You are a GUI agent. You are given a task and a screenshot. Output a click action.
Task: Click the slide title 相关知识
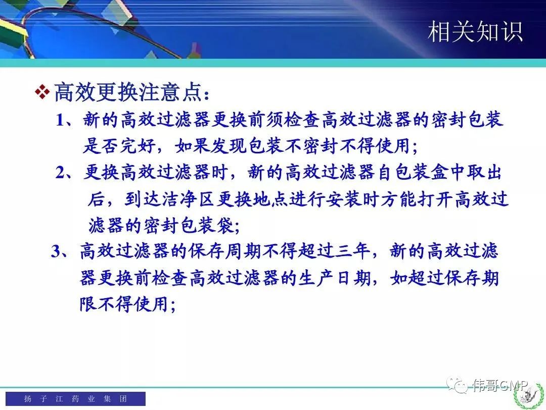pos(475,32)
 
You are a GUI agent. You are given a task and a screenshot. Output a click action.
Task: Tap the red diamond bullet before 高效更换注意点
pos(42,92)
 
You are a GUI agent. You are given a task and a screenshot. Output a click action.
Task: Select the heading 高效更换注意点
pos(132,92)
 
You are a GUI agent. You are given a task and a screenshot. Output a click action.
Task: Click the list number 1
pos(60,120)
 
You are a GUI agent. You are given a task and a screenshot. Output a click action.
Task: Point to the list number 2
pos(60,173)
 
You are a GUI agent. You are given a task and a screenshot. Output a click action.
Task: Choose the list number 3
pos(56,251)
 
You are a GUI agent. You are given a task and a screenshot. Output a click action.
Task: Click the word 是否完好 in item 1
pos(119,146)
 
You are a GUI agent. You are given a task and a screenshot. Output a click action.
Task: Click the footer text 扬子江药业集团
pos(75,398)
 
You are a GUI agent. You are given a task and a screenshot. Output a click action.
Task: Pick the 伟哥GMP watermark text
pos(500,385)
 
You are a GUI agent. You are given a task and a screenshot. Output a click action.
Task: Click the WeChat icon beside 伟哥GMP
pos(458,385)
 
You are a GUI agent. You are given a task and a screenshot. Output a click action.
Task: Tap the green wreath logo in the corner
pos(529,396)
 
